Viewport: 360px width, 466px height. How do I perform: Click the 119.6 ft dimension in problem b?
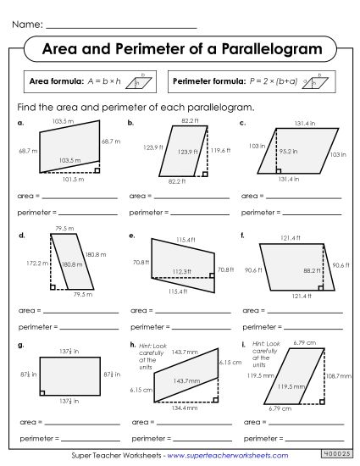(x=219, y=150)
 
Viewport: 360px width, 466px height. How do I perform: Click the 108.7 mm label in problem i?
(x=339, y=374)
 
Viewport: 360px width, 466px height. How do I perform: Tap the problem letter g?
(x=19, y=344)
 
